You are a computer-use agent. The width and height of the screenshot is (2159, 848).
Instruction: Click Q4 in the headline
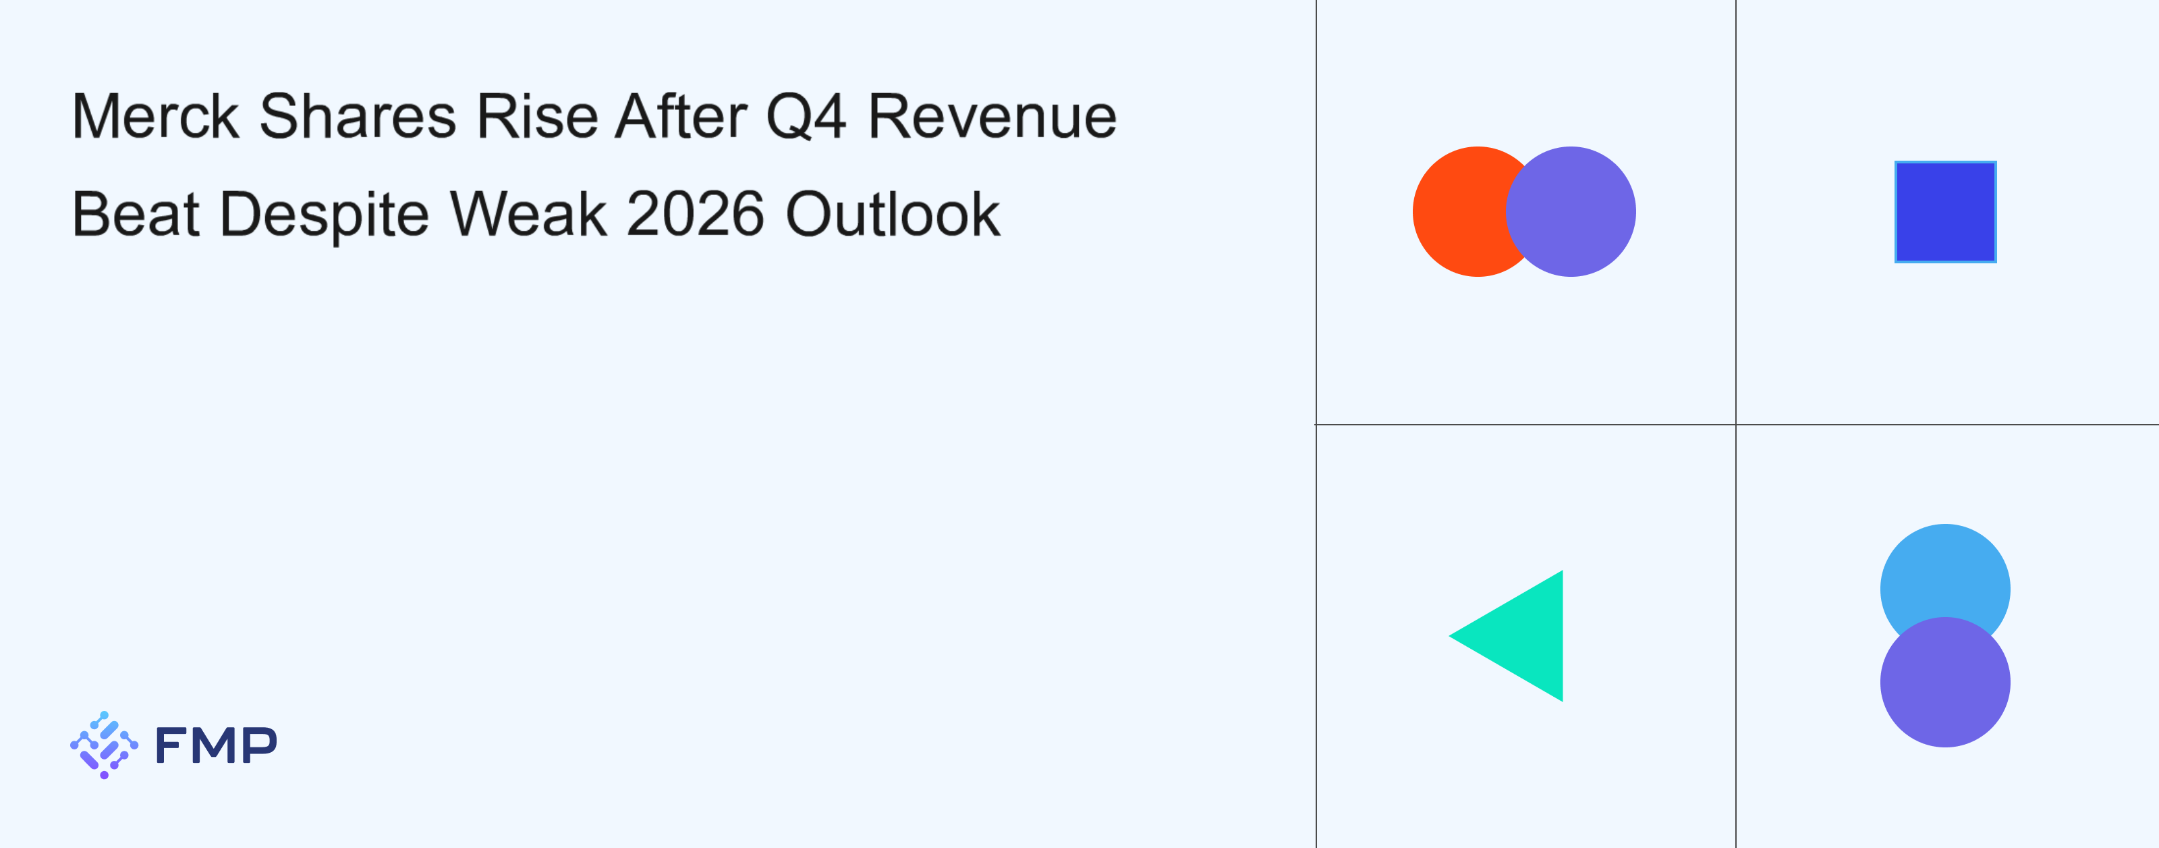coord(806,117)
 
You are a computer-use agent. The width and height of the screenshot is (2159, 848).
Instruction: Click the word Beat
coord(136,215)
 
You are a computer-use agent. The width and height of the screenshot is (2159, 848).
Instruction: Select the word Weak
coord(528,215)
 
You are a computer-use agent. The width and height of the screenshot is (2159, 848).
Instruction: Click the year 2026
coord(696,215)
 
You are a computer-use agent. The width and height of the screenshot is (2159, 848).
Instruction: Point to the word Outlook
coord(893,215)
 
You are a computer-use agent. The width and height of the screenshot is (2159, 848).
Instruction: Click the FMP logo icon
coord(104,745)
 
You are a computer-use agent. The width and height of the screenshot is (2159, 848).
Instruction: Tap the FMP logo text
coord(215,745)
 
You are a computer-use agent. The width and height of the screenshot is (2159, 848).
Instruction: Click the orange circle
coord(1458,211)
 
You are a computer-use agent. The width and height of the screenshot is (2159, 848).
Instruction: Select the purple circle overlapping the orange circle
coord(1571,211)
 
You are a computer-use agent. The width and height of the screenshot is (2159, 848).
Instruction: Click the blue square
coord(1945,211)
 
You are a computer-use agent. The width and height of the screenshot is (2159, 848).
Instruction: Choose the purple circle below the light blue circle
coord(1945,682)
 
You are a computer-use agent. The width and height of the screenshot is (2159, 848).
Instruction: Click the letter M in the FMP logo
coord(215,745)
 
